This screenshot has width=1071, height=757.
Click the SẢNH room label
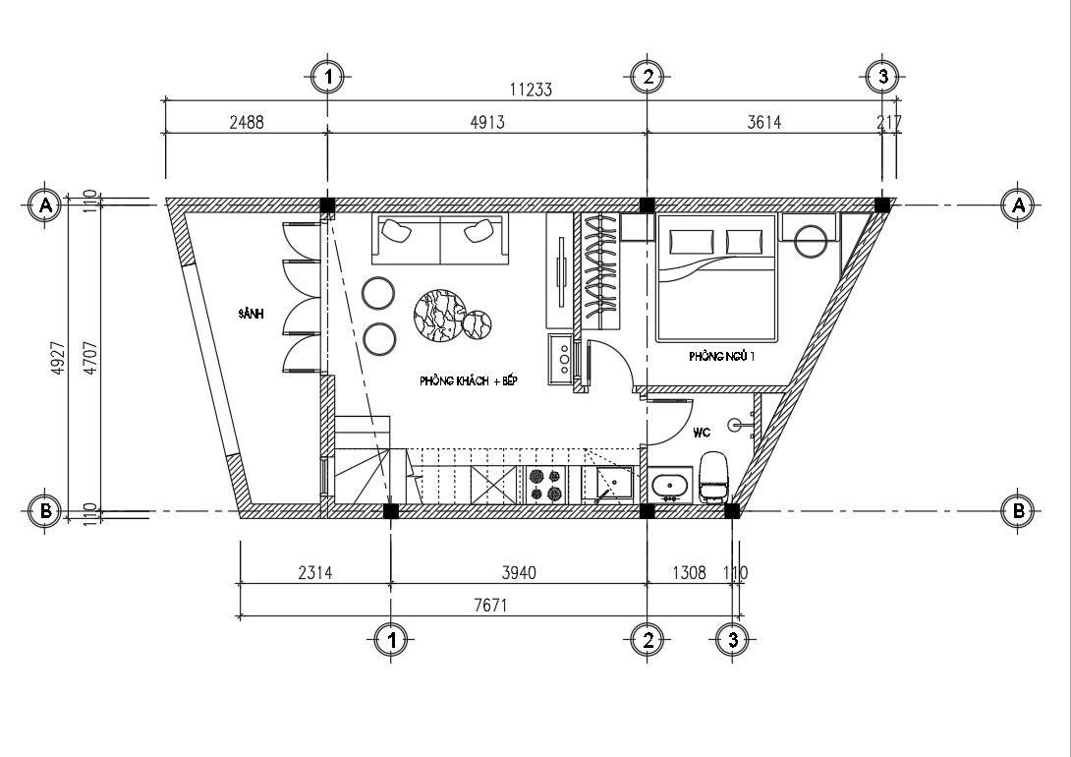point(251,315)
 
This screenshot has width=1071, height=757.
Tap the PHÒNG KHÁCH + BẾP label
point(469,380)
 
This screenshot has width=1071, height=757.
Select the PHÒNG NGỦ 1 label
point(722,356)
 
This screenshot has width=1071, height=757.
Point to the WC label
point(702,433)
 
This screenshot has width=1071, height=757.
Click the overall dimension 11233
point(531,89)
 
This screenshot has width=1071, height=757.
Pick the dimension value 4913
point(487,122)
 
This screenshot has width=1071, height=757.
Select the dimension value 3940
point(519,572)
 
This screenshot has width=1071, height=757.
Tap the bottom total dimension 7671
point(490,606)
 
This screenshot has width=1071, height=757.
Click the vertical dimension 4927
point(59,357)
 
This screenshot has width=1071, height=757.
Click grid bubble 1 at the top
point(328,77)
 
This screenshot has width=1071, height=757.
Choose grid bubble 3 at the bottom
point(733,640)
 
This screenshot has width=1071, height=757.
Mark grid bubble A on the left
point(46,204)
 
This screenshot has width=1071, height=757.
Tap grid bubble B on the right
point(1018,510)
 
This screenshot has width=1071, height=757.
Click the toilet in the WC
point(712,476)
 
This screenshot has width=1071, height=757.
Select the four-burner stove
point(546,485)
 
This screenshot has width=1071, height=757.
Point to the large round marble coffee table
point(440,315)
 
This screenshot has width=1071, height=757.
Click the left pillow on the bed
point(691,241)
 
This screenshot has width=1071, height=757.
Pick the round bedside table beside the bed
point(811,241)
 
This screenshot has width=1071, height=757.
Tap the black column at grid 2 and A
point(647,204)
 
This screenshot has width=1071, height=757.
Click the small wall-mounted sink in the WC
point(738,425)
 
